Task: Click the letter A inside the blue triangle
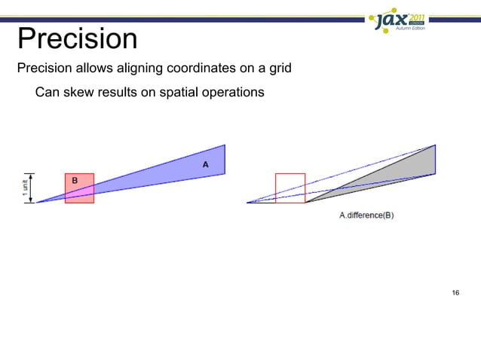[204, 163]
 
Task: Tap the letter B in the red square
[75, 180]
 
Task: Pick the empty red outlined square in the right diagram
[290, 188]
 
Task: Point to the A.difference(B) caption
[366, 215]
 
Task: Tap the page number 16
[454, 292]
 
